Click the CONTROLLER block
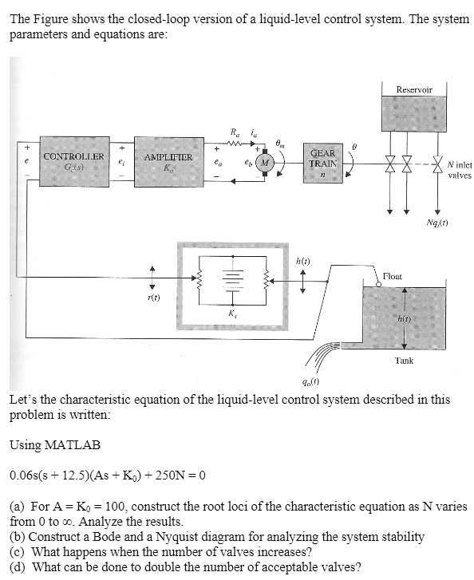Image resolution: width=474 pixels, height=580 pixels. [x=73, y=162]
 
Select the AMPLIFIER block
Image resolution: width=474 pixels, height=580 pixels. [x=168, y=163]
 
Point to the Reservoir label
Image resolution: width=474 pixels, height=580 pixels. [x=413, y=90]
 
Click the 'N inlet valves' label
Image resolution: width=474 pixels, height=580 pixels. [x=460, y=170]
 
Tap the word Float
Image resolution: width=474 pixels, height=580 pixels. [x=393, y=276]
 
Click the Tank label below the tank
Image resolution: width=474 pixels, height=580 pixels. [x=404, y=361]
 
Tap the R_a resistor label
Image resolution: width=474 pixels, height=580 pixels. [x=232, y=132]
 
